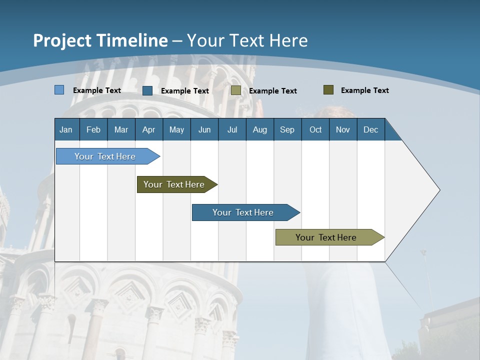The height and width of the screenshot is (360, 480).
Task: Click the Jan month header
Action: [66, 129]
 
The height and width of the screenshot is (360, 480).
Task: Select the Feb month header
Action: [93, 129]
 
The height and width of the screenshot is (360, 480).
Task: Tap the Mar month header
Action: [121, 129]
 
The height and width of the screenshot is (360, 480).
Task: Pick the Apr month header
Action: [148, 129]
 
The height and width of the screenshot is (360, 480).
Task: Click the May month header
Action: [176, 129]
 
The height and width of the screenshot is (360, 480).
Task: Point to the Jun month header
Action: [204, 129]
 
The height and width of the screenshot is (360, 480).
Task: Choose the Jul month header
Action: [232, 129]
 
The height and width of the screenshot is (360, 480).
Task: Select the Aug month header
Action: [259, 129]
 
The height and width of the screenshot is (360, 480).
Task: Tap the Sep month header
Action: [287, 129]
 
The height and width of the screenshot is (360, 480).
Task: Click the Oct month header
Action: [315, 129]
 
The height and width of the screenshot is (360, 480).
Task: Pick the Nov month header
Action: [343, 129]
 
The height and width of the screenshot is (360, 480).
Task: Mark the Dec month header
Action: [370, 129]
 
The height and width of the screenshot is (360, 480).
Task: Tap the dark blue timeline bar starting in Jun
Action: [243, 212]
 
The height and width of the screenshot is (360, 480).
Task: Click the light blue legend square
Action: [59, 90]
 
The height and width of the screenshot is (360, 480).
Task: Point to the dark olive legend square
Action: [328, 90]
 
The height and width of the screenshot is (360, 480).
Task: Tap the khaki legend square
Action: [236, 90]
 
